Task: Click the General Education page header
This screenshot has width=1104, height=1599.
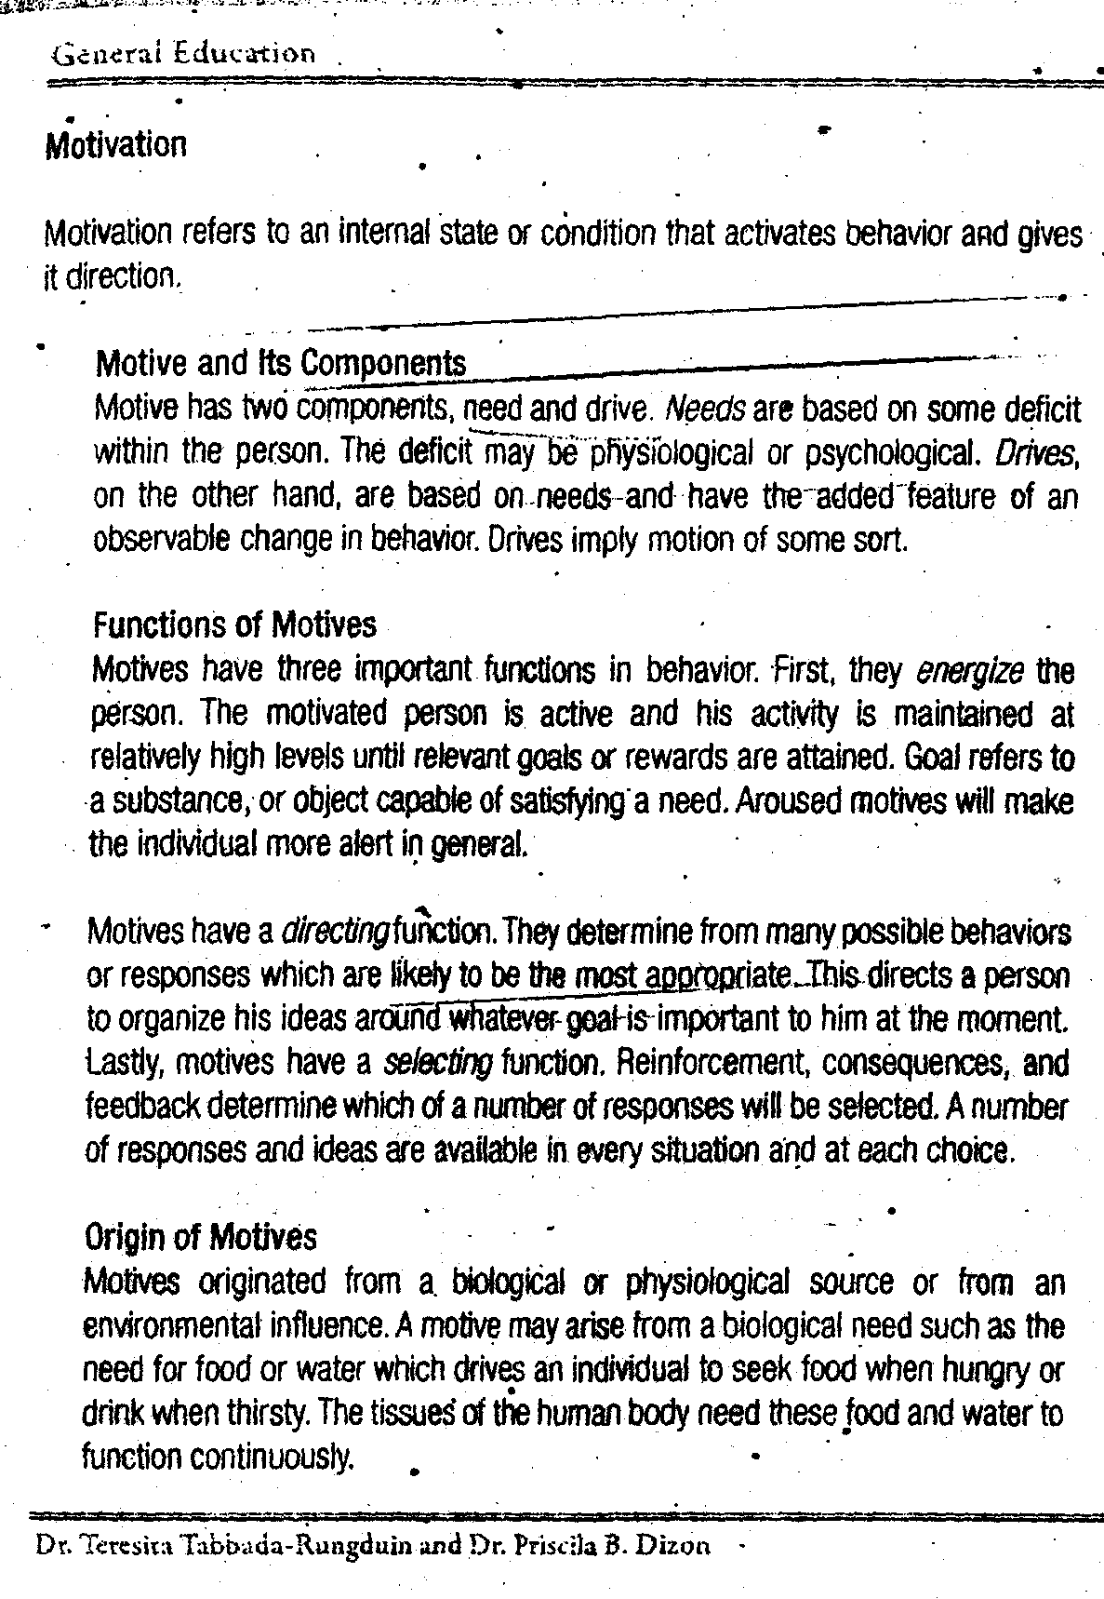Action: pos(184,53)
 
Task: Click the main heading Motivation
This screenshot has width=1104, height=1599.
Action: pos(115,144)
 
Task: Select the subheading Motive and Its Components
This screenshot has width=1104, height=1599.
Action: pos(281,362)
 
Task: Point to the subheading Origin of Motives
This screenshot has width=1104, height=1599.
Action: pos(200,1237)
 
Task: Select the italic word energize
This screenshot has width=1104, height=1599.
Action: pos(969,670)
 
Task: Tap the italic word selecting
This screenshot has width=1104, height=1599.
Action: pos(438,1062)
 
